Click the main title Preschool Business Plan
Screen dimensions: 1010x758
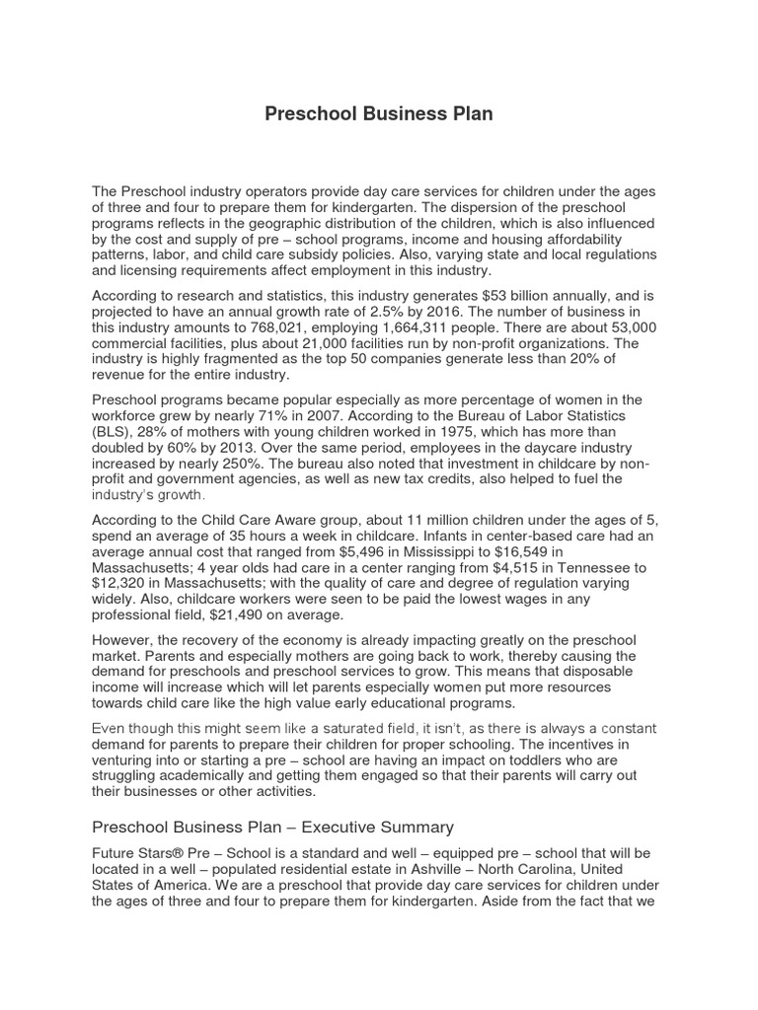pos(379,114)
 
